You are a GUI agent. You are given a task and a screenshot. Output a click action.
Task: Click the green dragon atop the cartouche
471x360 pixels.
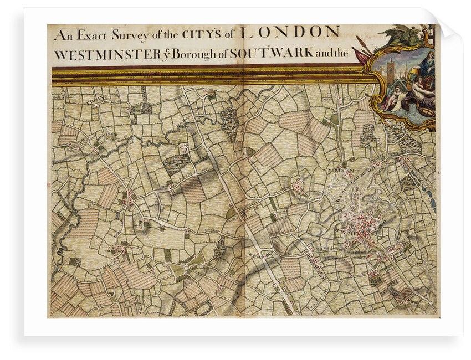pyautogui.click(x=407, y=36)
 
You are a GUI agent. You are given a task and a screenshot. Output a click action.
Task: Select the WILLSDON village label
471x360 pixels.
pyautogui.click(x=115, y=250)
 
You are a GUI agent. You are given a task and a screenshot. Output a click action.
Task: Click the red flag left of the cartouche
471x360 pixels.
pyautogui.click(x=359, y=56)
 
